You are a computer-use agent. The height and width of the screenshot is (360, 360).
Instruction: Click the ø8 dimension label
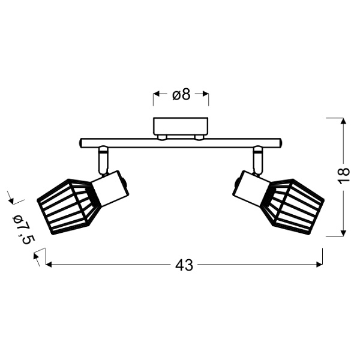point(181,94)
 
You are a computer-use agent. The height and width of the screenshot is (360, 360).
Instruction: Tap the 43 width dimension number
point(184,265)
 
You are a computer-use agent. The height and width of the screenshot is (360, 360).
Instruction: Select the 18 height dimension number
point(343,175)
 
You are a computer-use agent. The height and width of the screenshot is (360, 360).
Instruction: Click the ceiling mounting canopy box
point(181,126)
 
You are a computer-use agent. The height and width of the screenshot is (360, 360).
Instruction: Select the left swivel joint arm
point(103,160)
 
